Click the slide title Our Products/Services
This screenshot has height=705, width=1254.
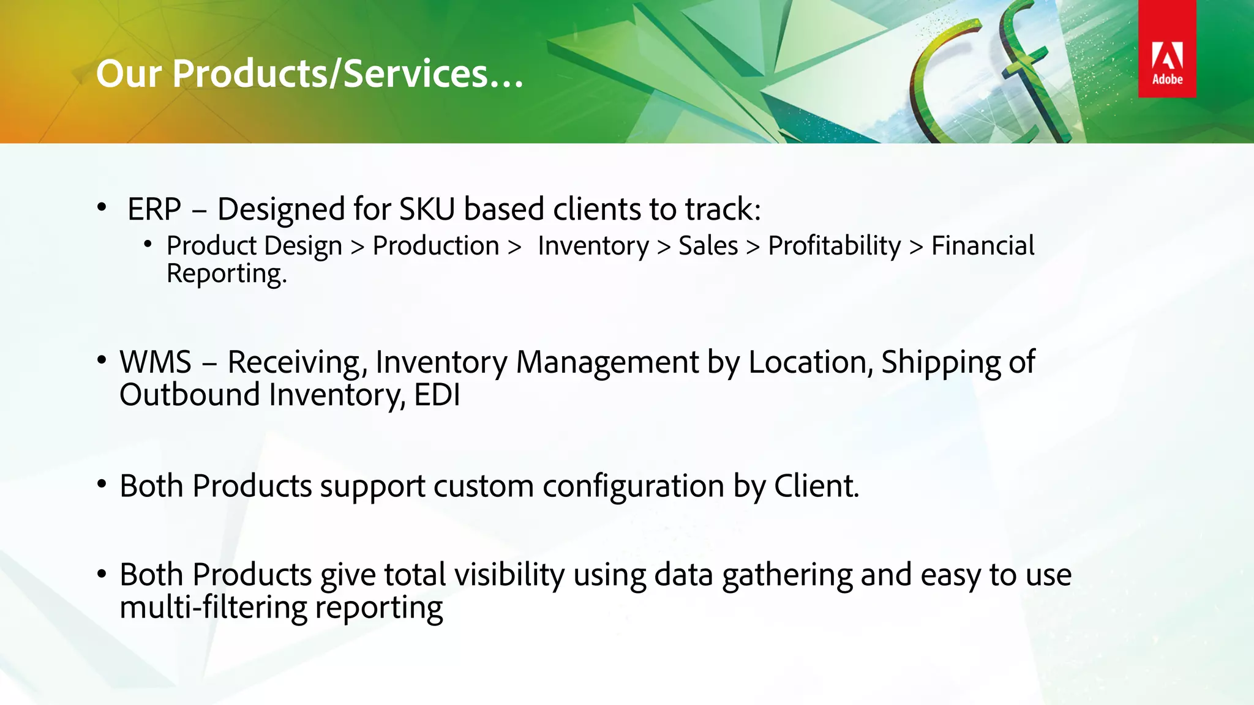(309, 74)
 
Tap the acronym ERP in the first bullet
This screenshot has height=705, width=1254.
(154, 209)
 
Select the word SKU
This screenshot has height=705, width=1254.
(427, 209)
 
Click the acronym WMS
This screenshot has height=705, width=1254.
(156, 362)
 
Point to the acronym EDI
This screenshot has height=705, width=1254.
(437, 395)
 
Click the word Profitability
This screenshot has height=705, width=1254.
(834, 246)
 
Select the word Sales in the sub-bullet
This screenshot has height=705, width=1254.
(708, 246)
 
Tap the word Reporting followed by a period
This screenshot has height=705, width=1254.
(226, 274)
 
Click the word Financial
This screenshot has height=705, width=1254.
(982, 246)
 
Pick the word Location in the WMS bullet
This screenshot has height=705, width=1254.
(810, 362)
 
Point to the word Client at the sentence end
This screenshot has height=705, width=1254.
(816, 487)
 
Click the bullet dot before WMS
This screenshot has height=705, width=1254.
(102, 360)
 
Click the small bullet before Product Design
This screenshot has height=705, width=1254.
(148, 245)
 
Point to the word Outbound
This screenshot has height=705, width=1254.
(189, 395)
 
